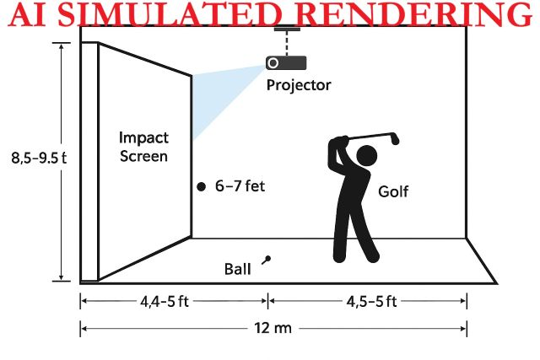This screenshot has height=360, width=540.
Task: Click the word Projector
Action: coord(299,85)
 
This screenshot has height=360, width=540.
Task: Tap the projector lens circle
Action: coord(273,63)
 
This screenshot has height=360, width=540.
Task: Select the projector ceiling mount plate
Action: coord(287,30)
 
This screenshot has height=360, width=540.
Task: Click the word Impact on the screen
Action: coord(143,138)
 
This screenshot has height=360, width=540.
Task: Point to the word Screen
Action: coord(143,156)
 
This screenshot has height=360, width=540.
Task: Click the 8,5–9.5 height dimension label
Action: coord(39,158)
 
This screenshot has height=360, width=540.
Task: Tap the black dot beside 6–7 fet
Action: coord(201,186)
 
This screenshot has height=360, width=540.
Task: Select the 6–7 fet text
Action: coord(240,186)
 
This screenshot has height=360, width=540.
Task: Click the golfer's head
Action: coord(367,155)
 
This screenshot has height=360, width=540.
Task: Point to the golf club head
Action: coord(395,139)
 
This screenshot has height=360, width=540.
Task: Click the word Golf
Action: coord(393,191)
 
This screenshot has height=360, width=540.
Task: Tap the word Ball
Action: coord(238,269)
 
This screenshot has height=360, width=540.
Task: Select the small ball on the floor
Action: coord(267,259)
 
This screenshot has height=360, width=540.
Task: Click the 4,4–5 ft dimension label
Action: coord(165,302)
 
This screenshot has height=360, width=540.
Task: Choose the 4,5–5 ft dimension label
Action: coord(371,302)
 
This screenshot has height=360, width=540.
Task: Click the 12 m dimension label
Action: coord(273,328)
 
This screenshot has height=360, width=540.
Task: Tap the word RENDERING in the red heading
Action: coord(414,15)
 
